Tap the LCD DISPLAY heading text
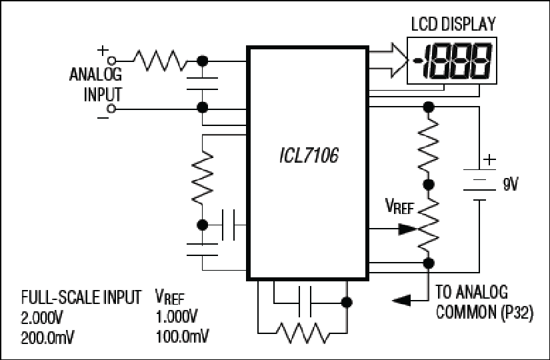452,25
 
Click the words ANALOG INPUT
96,83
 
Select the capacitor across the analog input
201,83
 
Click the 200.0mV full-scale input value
47,336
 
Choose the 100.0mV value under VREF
181,336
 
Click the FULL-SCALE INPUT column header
81,297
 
